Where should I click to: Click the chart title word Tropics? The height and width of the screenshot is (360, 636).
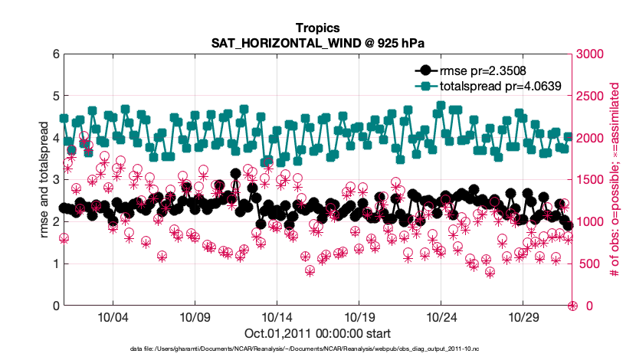317,28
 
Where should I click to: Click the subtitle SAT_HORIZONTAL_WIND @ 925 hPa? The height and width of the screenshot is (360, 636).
317,44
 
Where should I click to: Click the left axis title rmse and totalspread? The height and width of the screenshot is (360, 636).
44,180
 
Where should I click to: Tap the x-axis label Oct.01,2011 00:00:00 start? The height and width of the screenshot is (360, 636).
317,333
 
